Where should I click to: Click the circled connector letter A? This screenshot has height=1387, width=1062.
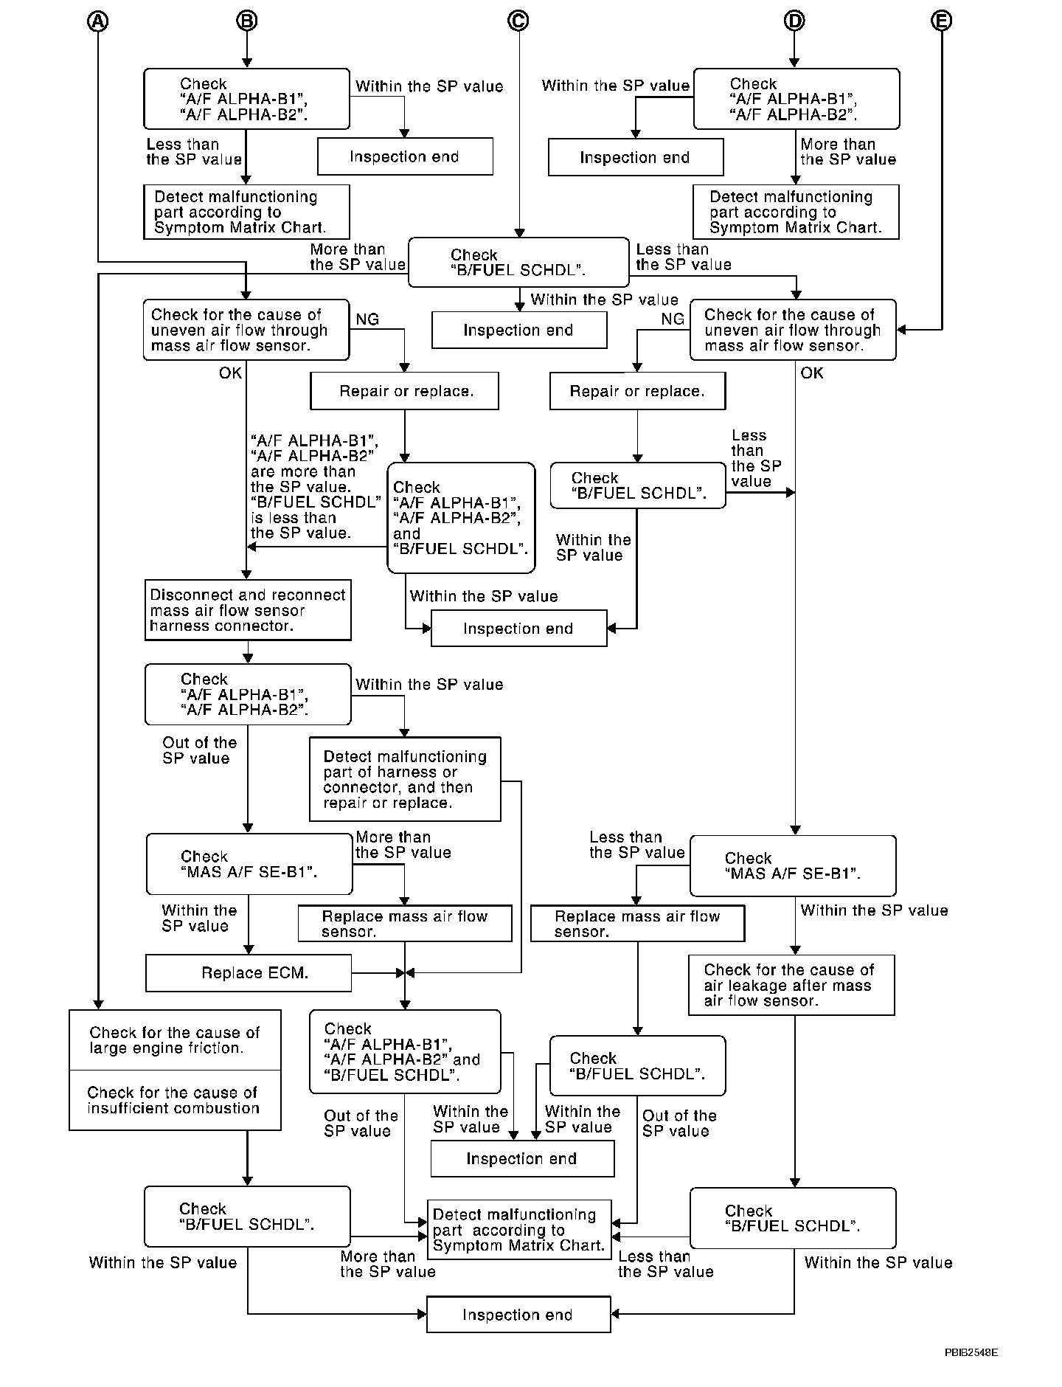pos(98,21)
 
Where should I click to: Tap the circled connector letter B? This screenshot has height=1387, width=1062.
pos(246,21)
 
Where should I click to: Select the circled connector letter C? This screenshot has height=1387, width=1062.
pos(518,21)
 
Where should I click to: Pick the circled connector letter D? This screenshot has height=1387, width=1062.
pos(794,21)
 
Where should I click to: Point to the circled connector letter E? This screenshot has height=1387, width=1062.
pos(941,21)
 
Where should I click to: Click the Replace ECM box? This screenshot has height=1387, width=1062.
pos(249,973)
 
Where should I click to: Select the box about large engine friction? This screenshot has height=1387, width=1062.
pos(175,1040)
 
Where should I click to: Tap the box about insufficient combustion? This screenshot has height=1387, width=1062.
pos(175,1100)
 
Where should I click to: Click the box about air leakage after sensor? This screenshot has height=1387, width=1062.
pos(791,985)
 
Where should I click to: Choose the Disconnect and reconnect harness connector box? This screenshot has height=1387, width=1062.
pos(248,610)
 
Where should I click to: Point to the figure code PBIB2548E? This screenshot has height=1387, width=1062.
pos(971,1352)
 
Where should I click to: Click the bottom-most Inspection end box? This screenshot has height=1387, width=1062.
pos(518,1315)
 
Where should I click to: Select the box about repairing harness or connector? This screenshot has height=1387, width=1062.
pos(405,779)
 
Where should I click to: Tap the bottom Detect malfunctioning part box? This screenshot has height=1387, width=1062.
pos(519,1230)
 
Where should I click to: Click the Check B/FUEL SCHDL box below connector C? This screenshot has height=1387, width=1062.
pos(518,263)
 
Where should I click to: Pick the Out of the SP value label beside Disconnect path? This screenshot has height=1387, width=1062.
pos(199,750)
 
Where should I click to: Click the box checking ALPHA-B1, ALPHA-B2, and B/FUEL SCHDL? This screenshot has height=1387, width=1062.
pos(461,518)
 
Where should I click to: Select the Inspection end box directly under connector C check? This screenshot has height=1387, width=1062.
pos(518,330)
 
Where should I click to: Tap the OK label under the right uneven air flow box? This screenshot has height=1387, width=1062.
pos(811,373)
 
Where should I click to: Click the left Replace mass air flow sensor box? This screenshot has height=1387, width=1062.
pos(405,924)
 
